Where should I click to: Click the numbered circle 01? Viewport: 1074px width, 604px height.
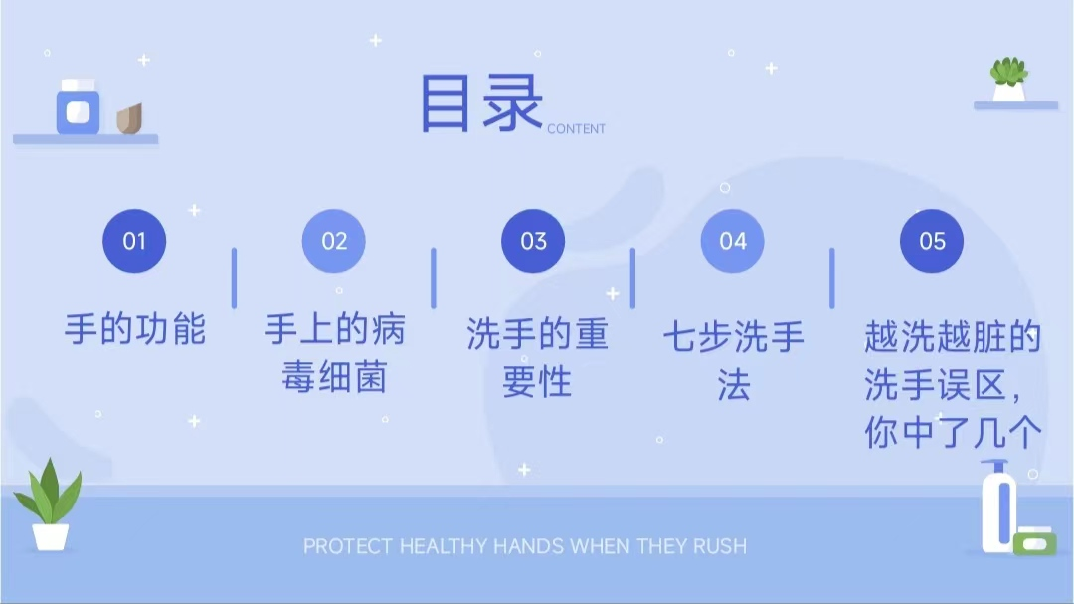134,241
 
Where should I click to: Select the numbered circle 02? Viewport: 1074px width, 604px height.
334,241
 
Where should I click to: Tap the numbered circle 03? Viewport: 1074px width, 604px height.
534,241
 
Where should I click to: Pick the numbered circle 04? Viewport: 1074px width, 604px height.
733,241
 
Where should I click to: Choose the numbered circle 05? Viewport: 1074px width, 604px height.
932,241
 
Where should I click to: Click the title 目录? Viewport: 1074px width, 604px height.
481,103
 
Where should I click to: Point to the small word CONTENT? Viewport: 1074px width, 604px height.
576,129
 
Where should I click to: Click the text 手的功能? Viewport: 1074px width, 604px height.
135,328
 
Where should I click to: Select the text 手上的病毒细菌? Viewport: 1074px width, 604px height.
334,353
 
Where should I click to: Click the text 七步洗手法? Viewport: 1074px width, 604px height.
733,360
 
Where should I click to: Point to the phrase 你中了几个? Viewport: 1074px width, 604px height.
953,433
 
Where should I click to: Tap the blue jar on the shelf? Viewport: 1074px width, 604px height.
78,108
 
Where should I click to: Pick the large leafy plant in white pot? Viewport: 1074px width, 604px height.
49,505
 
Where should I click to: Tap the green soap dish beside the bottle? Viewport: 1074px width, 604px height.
1034,542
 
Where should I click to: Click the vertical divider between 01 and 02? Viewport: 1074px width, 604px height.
234,278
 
